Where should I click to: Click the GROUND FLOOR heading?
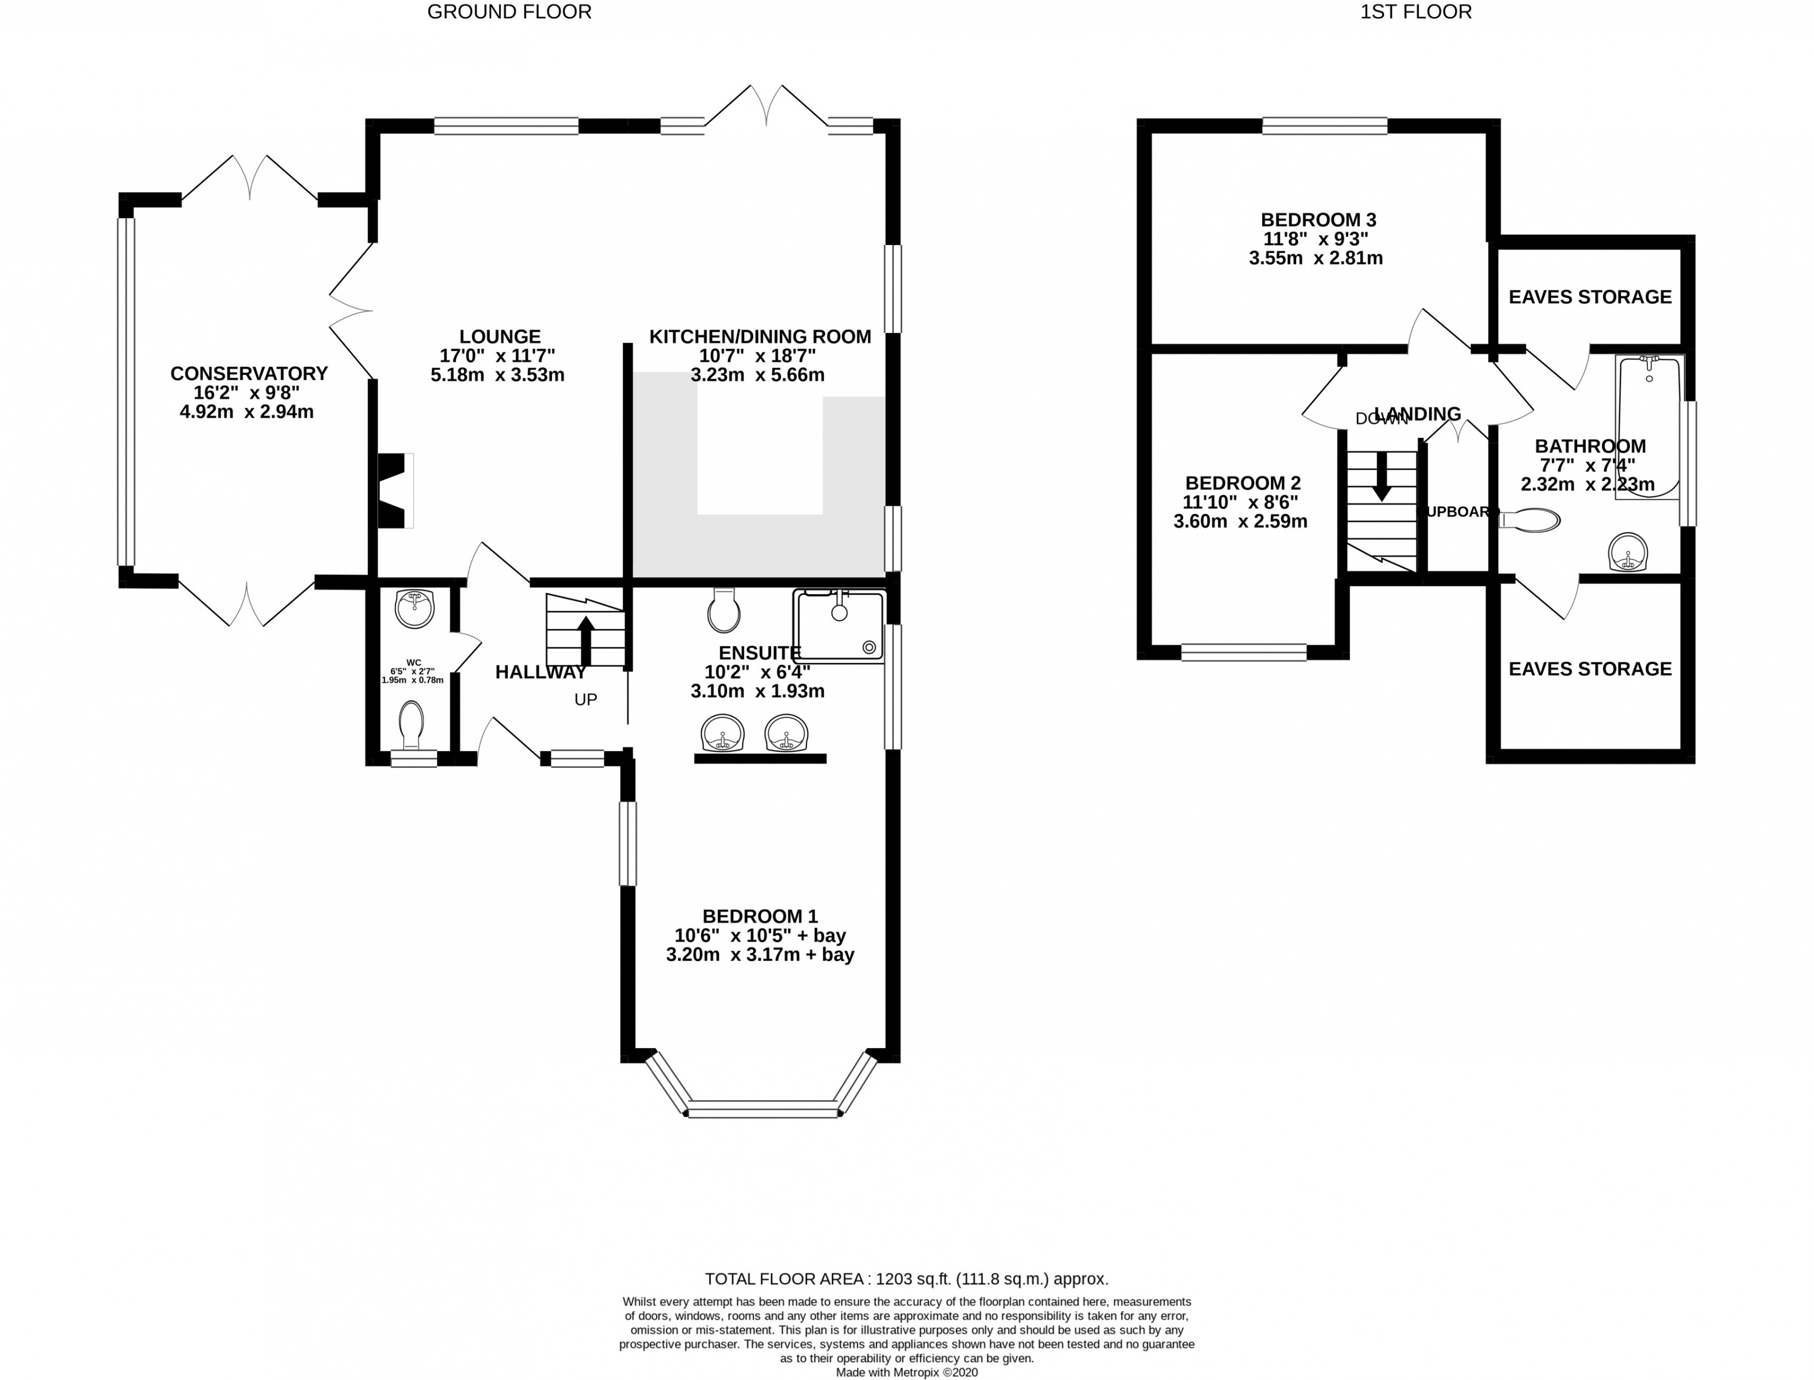(x=510, y=12)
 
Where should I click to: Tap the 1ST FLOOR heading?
(x=1415, y=12)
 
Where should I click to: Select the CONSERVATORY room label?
(x=249, y=373)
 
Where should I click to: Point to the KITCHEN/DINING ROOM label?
(x=760, y=337)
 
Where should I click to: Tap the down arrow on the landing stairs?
(x=1382, y=476)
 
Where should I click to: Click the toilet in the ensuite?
(x=724, y=611)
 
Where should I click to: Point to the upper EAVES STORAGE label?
(x=1590, y=297)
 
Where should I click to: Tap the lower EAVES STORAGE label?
(x=1590, y=669)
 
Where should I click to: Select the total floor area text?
(x=906, y=1279)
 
